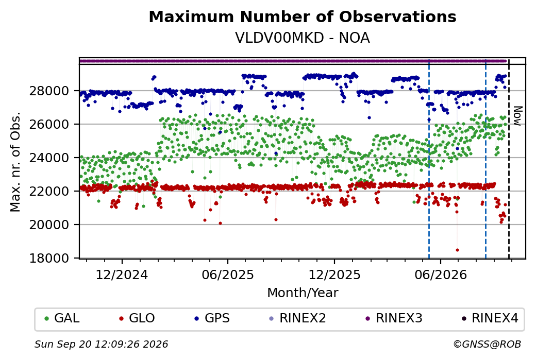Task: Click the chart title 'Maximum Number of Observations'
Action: (x=303, y=16)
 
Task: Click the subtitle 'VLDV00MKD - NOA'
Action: (x=303, y=38)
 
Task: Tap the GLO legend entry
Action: (x=137, y=318)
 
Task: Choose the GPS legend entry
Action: (x=212, y=318)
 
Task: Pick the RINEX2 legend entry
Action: (x=298, y=318)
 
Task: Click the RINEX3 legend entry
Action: (x=394, y=318)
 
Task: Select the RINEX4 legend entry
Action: (x=490, y=318)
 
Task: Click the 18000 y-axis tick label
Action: (x=49, y=258)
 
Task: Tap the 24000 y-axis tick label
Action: (x=49, y=158)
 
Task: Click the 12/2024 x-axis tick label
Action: (x=122, y=275)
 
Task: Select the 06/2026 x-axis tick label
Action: (x=441, y=275)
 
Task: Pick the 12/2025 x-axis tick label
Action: (x=334, y=275)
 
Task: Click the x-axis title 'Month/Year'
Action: (x=303, y=293)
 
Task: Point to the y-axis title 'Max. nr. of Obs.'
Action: (x=15, y=162)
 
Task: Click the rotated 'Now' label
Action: (x=517, y=116)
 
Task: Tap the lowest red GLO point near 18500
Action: (x=457, y=250)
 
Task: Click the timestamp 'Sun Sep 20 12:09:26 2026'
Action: (x=101, y=344)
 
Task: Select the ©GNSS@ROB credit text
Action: (x=487, y=344)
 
